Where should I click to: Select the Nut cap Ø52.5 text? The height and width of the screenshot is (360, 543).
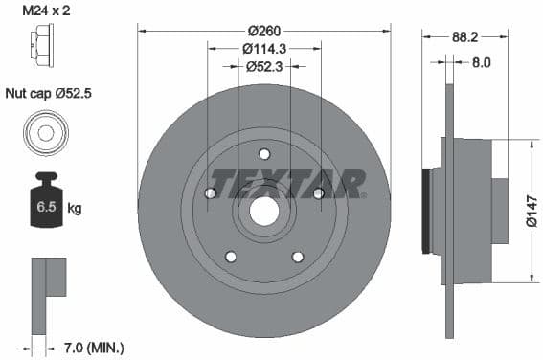pos(49,93)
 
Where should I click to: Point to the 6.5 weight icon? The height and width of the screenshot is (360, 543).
pos(45,202)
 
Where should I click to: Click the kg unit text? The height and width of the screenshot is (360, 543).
pos(76,207)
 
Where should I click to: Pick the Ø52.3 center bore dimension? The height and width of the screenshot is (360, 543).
pos(263,66)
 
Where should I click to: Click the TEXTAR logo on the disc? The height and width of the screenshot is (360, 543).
pos(287,182)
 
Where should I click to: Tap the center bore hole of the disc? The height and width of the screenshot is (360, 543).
pos(264,211)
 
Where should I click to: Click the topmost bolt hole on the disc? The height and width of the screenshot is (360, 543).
pos(264,154)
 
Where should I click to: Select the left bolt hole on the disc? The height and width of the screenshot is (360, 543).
pos(211,194)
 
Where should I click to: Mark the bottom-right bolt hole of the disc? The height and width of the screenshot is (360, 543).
pos(297,257)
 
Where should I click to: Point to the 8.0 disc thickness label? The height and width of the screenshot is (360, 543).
pos(481,63)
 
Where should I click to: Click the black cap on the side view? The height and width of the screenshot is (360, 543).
pos(427,212)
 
